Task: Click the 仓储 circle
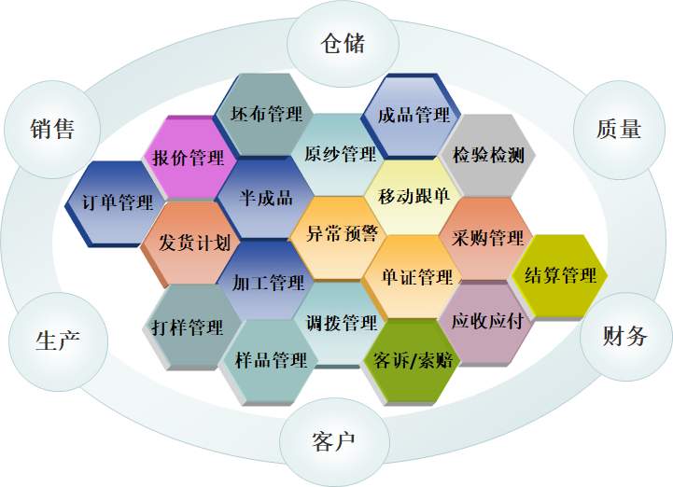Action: pos(343,44)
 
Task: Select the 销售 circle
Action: pos(52,130)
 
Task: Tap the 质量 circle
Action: pos(619,130)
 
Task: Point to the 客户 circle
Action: pos(334,441)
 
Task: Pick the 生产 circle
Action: pos(58,341)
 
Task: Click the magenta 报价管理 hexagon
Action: pos(189,158)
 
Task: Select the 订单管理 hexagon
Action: pos(116,203)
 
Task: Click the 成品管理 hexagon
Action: pos(412,115)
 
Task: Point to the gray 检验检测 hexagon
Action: pos(488,155)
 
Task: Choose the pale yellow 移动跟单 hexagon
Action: pos(413,197)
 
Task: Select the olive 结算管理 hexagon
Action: pos(559,277)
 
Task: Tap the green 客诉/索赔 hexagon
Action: pos(412,361)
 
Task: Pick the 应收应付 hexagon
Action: pos(486,323)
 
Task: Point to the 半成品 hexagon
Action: pos(265,198)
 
